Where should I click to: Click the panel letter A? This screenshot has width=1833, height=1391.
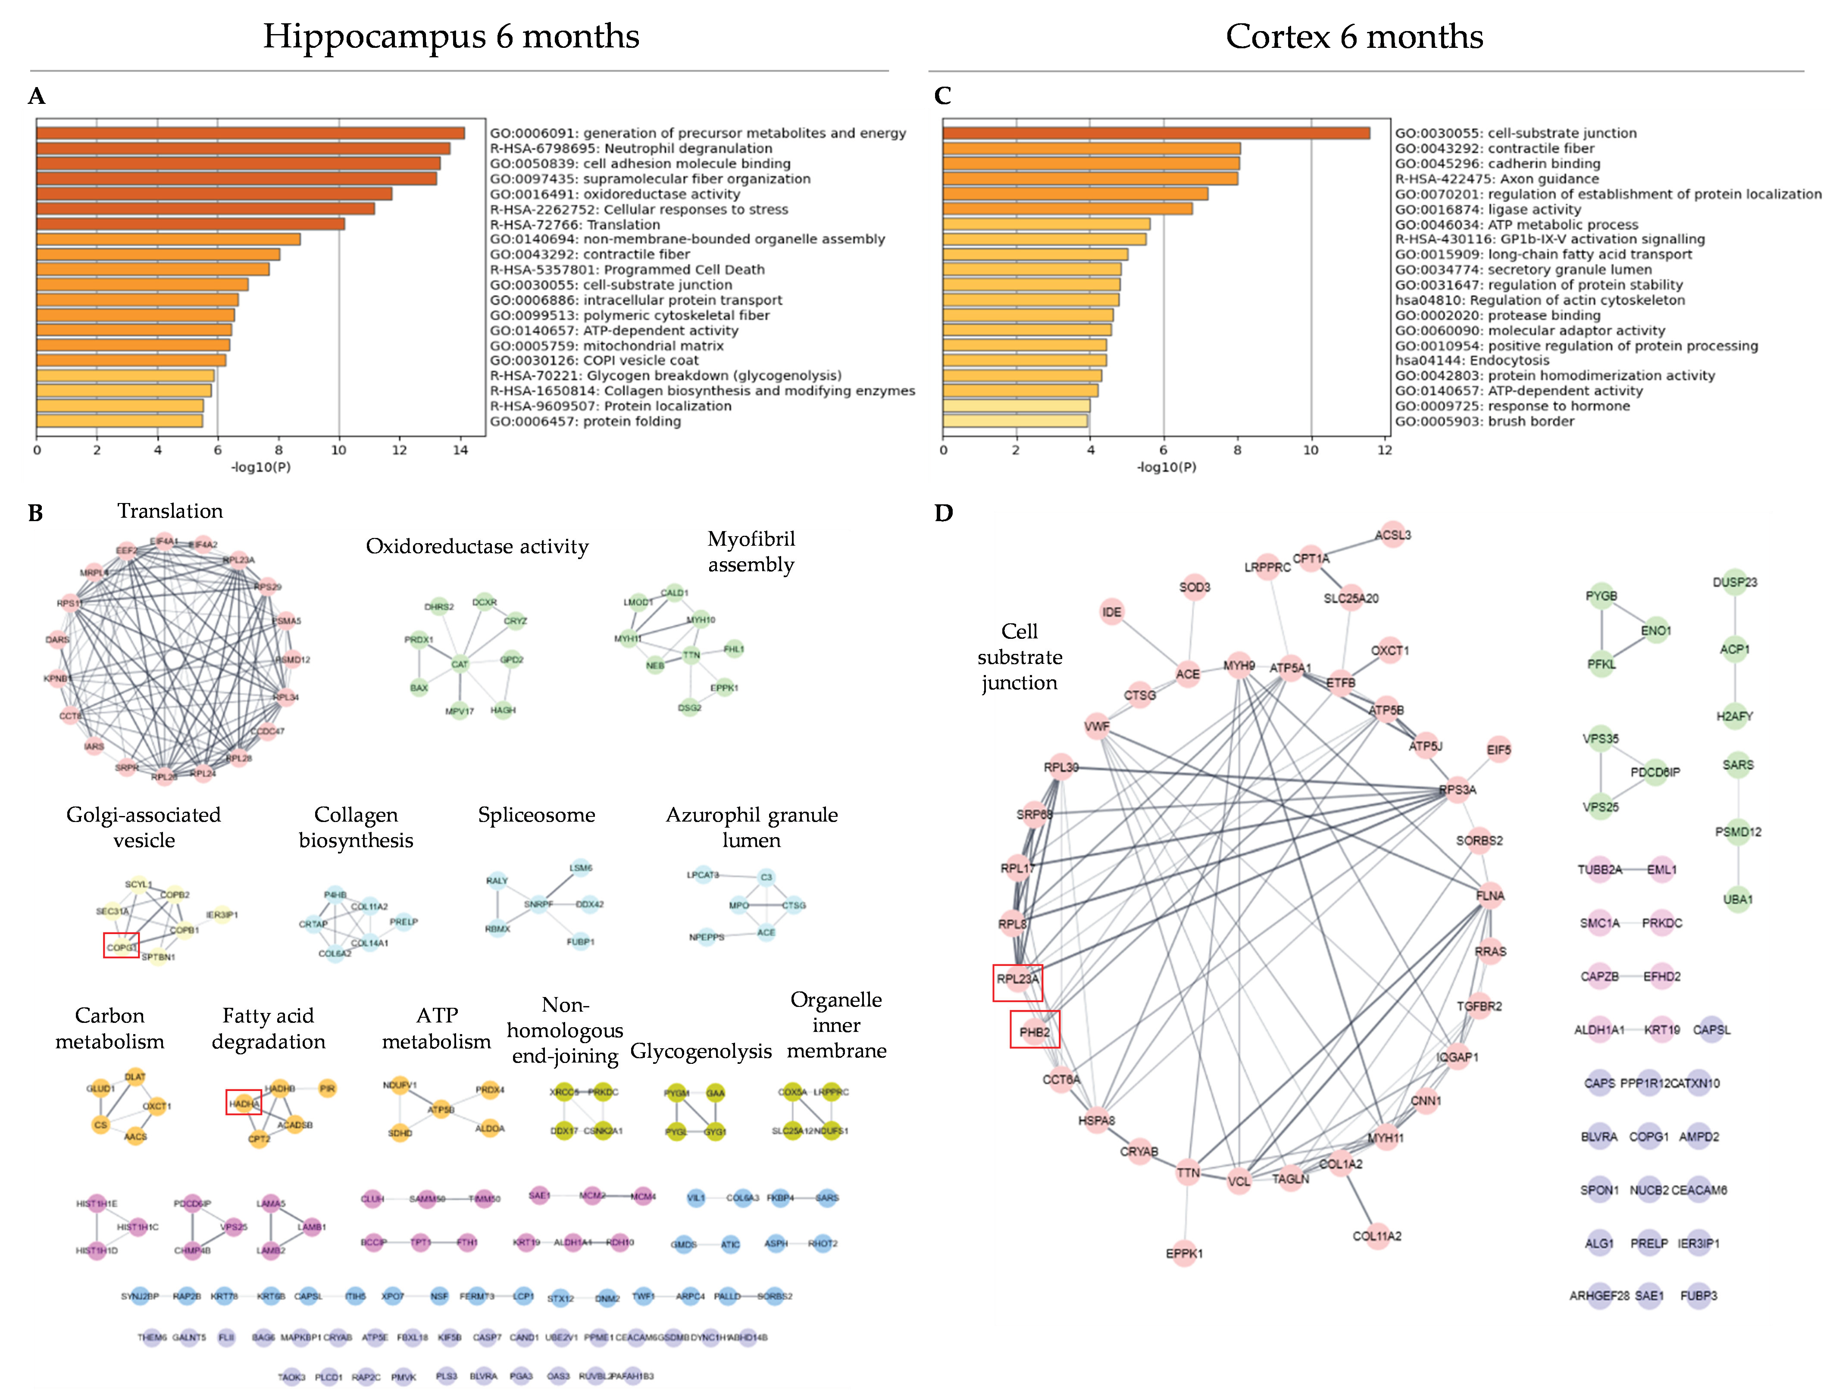37,97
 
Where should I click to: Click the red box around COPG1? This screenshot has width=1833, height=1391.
121,945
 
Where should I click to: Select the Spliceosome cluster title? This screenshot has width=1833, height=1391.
536,815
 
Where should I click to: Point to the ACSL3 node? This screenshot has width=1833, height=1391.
1393,535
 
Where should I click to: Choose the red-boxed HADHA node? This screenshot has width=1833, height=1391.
244,1103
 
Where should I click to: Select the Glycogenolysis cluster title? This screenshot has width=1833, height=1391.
701,1051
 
